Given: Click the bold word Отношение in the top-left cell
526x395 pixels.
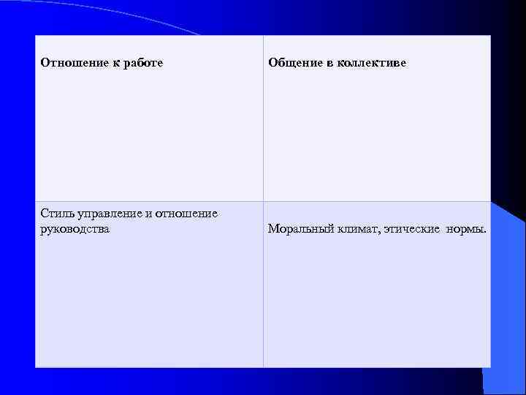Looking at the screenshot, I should [x=69, y=63].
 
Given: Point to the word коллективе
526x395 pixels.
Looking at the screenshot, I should [x=371, y=63].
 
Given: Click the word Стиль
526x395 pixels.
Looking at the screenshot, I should [x=56, y=214].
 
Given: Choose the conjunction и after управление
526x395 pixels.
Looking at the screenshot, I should [x=150, y=214].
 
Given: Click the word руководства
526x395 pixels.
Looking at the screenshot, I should [x=75, y=229].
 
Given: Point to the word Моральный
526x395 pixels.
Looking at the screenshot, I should [x=300, y=229].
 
